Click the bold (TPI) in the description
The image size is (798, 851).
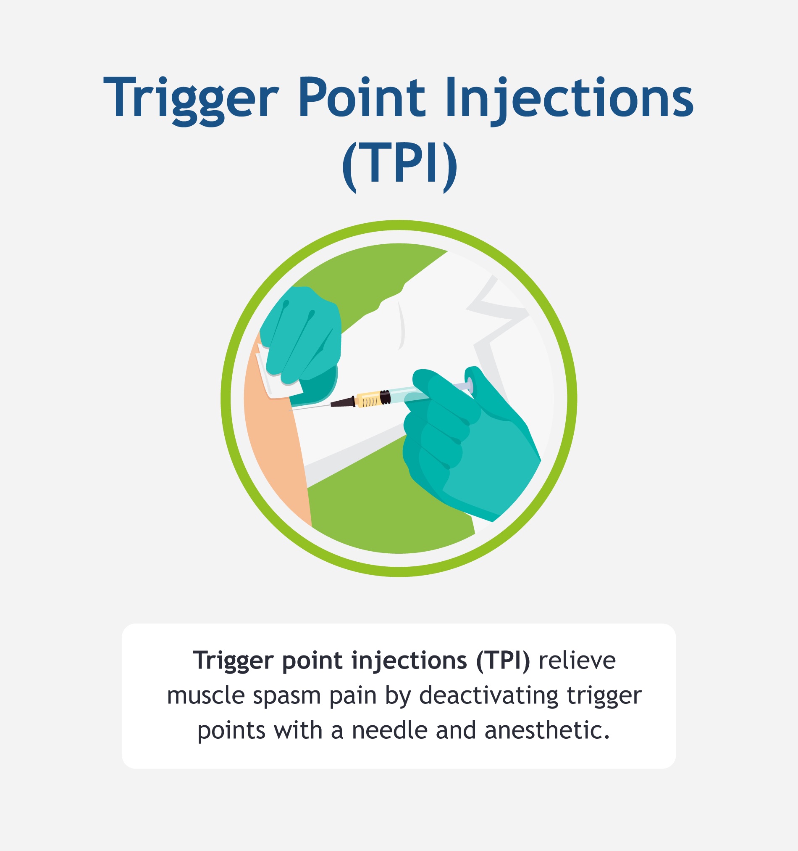click(503, 660)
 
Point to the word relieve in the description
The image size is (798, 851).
click(577, 660)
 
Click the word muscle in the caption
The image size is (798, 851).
click(206, 695)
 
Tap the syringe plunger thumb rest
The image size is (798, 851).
click(470, 385)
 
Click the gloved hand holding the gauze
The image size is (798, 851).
click(304, 338)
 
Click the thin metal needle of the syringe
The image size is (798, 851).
click(310, 407)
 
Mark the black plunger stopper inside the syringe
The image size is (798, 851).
click(385, 397)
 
